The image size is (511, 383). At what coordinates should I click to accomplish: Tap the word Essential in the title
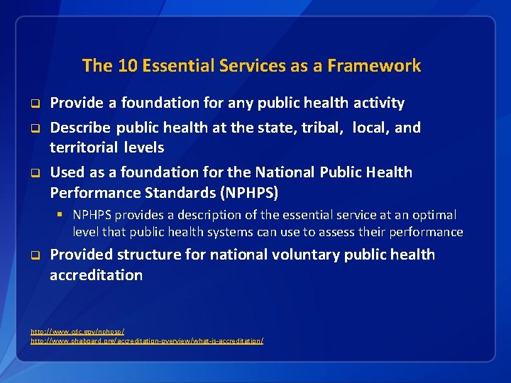177,66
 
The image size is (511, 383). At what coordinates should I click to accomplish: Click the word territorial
84,148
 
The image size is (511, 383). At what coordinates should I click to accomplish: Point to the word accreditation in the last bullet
96,274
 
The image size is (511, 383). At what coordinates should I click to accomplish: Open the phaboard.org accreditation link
147,341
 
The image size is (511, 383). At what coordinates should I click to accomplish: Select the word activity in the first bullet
378,103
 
